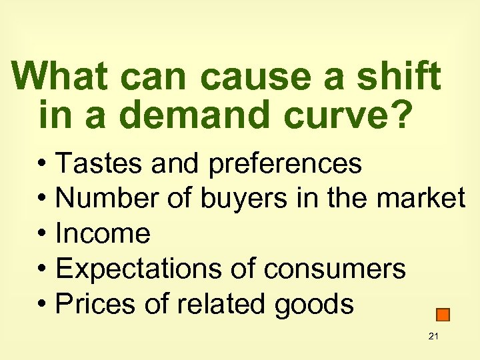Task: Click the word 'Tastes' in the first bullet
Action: click(99, 163)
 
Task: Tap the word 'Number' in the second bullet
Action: click(105, 198)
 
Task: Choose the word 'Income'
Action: click(103, 233)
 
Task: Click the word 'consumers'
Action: click(335, 269)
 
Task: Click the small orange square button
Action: click(443, 315)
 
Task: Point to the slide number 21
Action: click(433, 336)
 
